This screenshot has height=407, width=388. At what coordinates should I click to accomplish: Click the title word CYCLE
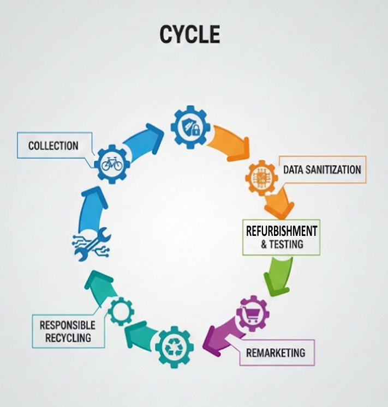[189, 34]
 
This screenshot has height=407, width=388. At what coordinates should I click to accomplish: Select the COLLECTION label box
[53, 145]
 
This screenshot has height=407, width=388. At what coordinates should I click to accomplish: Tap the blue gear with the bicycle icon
[111, 163]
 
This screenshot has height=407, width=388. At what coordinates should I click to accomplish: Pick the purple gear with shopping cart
[252, 314]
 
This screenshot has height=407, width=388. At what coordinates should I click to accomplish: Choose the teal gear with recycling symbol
[174, 346]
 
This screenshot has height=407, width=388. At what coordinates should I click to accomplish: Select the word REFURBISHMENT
[281, 230]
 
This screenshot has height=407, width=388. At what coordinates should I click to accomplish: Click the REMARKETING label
[276, 352]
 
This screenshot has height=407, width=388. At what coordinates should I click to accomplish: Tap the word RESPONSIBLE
[67, 325]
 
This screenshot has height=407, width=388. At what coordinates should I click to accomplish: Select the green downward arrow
[278, 275]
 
